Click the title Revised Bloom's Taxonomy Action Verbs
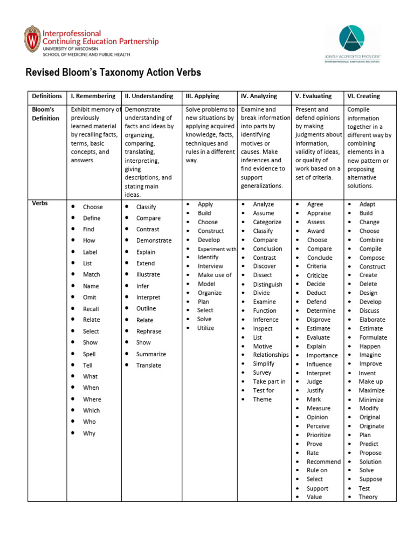click(x=114, y=73)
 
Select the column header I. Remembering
click(x=93, y=96)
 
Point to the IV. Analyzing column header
click(x=259, y=96)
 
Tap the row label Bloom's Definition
click(x=45, y=114)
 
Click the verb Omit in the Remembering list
click(x=90, y=298)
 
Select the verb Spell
click(x=89, y=354)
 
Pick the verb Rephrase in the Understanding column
click(x=149, y=332)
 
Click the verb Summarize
click(x=151, y=354)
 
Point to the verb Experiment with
click(x=217, y=249)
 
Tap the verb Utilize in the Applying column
click(x=205, y=328)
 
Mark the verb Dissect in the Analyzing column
click(x=263, y=275)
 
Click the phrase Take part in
click(x=269, y=382)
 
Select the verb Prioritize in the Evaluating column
click(x=319, y=435)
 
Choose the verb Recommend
click(x=323, y=461)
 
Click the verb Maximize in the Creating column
click(x=372, y=390)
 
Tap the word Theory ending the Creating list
click(x=368, y=497)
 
